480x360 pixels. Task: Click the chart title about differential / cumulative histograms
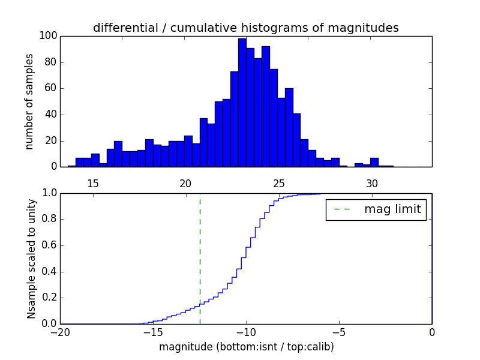click(x=245, y=28)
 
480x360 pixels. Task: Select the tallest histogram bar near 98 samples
click(x=242, y=102)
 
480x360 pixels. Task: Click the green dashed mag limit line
click(x=200, y=258)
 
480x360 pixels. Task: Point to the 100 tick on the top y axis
click(x=49, y=36)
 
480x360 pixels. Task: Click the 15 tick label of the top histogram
click(x=93, y=184)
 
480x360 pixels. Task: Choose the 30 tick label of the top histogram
click(x=372, y=184)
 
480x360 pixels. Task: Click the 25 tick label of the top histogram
click(x=279, y=184)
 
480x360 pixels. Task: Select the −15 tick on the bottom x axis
click(x=152, y=332)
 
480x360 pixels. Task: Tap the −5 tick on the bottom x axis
click(x=339, y=332)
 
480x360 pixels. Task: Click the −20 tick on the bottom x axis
click(x=60, y=332)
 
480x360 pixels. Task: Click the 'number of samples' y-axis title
click(x=29, y=101)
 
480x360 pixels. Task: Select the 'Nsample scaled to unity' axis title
click(x=31, y=259)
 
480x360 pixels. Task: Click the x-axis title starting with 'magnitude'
click(x=246, y=347)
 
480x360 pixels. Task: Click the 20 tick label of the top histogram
click(x=185, y=184)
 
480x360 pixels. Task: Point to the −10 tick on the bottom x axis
click(x=245, y=332)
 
